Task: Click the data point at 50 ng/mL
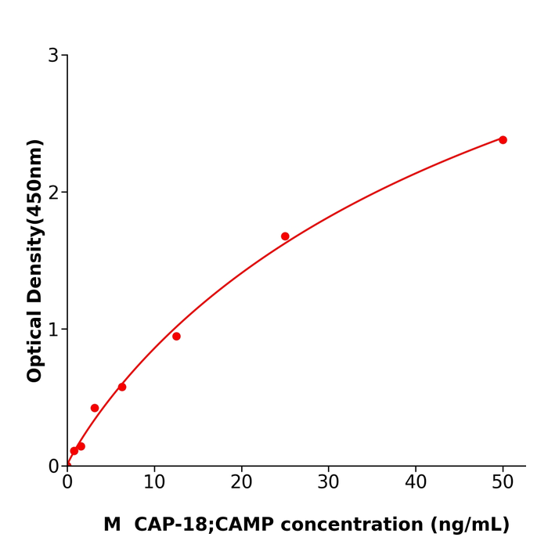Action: (503, 140)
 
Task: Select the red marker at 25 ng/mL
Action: (285, 236)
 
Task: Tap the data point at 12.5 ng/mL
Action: (176, 337)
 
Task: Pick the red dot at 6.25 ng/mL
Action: (122, 387)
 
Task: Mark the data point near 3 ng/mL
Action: (95, 408)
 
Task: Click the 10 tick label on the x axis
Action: (154, 483)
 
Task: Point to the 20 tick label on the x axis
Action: (241, 483)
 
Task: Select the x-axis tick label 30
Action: (328, 483)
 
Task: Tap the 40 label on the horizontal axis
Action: (416, 483)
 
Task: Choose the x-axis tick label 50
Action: (503, 483)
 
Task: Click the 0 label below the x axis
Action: (67, 483)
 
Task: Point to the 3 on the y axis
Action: (53, 56)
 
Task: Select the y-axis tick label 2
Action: (53, 193)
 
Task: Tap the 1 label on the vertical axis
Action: (53, 330)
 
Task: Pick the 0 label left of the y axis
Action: (53, 467)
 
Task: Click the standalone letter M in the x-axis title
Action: (112, 525)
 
